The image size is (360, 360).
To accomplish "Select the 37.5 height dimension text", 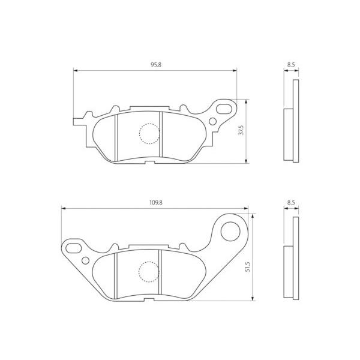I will [241, 131].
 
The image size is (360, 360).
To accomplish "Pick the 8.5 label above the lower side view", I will [290, 203].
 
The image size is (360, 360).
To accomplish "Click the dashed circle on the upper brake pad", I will [149, 133].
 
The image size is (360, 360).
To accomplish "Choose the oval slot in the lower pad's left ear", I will [73, 247].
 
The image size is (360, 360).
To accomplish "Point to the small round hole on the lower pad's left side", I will [85, 260].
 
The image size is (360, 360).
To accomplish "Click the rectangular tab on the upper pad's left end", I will [77, 121].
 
